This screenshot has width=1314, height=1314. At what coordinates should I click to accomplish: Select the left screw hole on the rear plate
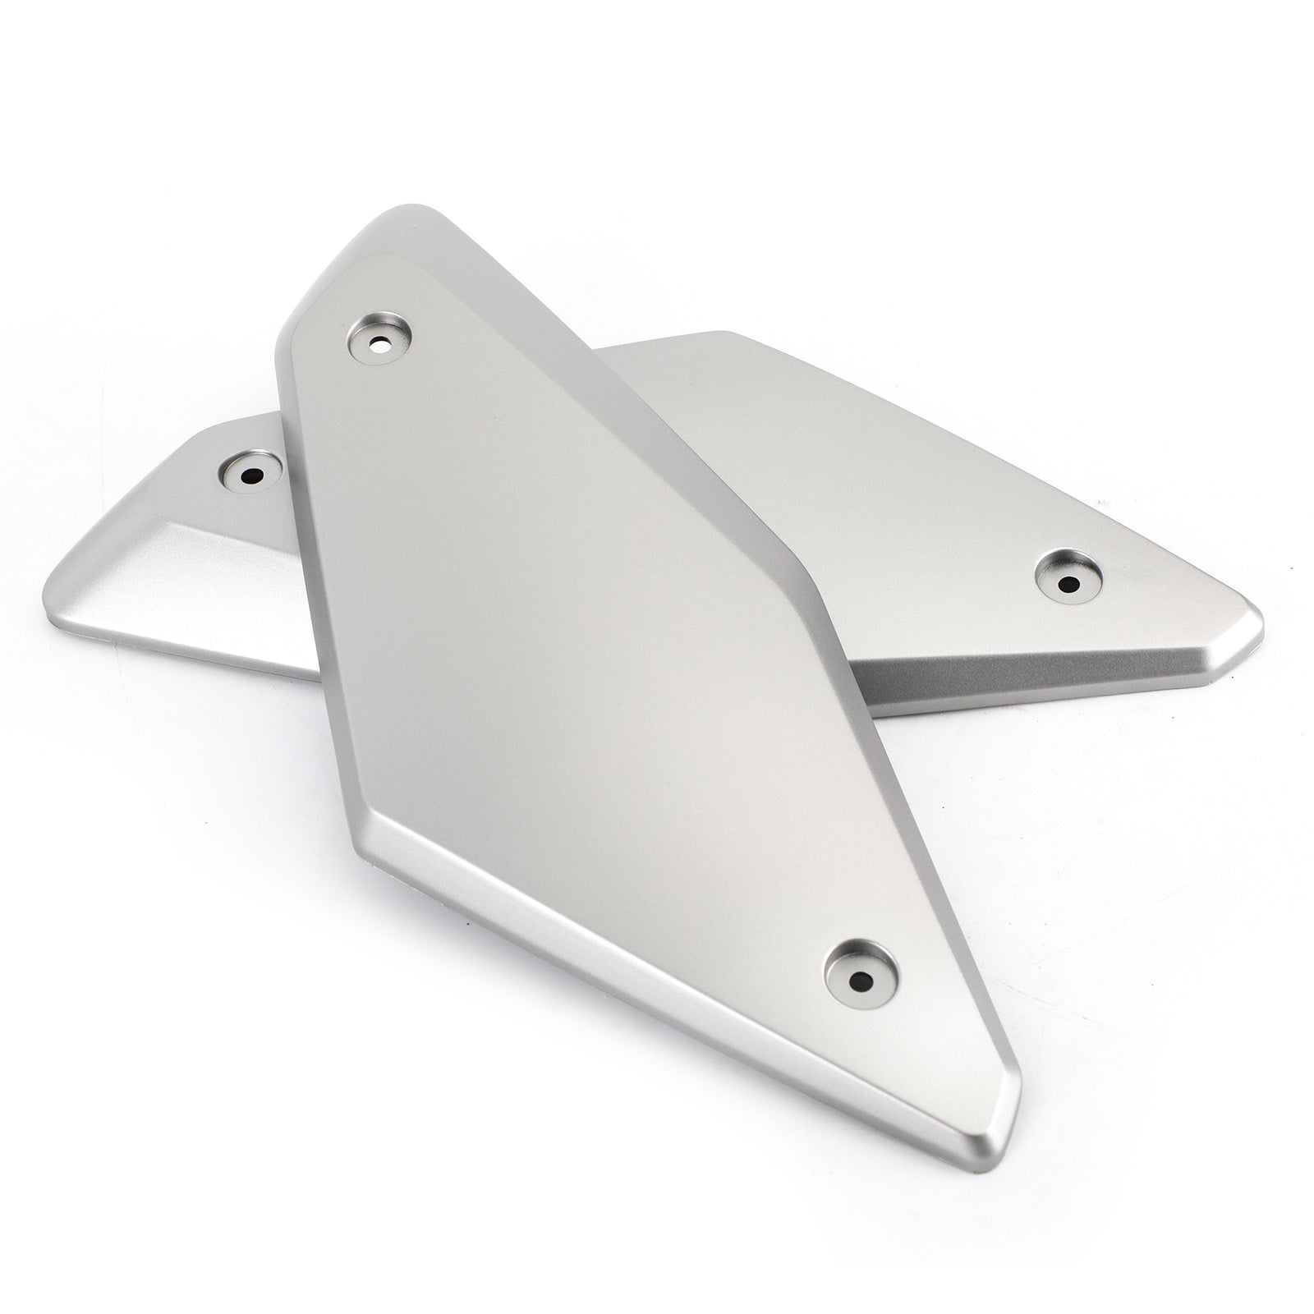click(250, 475)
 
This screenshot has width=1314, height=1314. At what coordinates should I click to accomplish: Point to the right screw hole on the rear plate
click(1067, 584)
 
